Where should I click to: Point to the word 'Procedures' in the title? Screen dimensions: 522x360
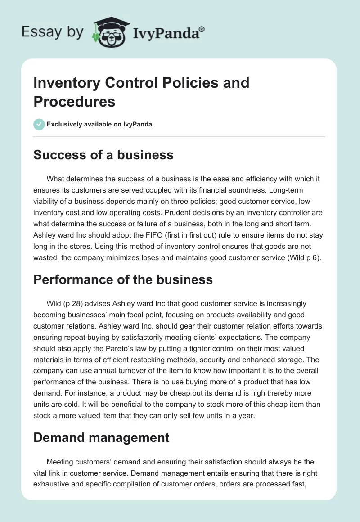click(74, 101)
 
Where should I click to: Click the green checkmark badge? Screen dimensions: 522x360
click(39, 124)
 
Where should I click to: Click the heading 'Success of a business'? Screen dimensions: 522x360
click(103, 155)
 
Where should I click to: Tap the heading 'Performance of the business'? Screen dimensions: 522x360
click(123, 279)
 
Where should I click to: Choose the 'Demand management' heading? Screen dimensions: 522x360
click(101, 437)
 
